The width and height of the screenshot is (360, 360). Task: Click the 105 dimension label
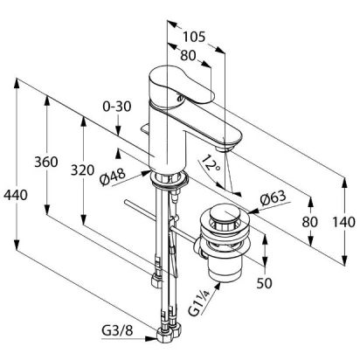(x=194, y=37)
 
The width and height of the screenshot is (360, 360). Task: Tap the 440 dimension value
(x=16, y=195)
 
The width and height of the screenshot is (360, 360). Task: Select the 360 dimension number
(x=46, y=162)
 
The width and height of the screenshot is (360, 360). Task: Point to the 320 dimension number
(x=83, y=170)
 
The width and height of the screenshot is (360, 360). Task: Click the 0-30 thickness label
(x=117, y=107)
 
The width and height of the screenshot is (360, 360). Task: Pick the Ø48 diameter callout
(x=113, y=177)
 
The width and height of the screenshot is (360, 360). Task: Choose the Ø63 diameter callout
(x=273, y=198)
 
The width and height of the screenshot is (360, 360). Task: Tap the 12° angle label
(x=210, y=164)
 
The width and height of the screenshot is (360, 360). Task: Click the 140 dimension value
(x=344, y=222)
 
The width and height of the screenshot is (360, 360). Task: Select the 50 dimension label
(x=264, y=283)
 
